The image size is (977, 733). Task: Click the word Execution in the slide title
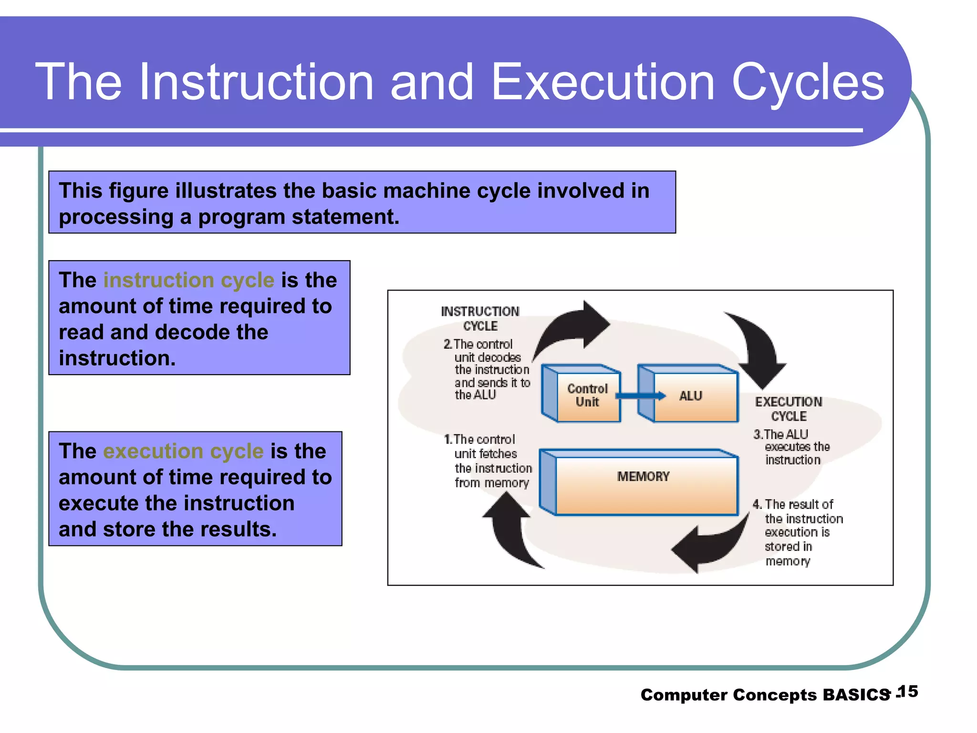[603, 82]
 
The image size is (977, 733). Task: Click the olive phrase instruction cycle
[189, 280]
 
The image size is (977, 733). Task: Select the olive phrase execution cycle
[183, 451]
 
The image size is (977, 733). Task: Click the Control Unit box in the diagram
[587, 396]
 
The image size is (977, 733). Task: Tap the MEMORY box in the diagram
[643, 482]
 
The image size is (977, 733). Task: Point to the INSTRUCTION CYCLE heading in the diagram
[480, 318]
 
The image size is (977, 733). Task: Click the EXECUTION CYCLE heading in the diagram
[789, 408]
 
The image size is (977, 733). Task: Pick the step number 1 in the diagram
[447, 439]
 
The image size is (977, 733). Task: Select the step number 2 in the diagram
[447, 344]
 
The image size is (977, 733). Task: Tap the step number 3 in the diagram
[758, 434]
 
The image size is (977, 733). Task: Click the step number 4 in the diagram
[757, 504]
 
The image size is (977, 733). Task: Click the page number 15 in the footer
[907, 691]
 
